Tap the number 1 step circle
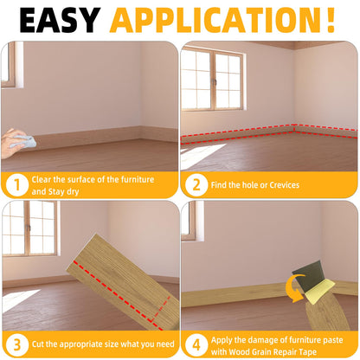16,183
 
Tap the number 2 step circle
196,183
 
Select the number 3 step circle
16,343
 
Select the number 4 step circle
196,343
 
